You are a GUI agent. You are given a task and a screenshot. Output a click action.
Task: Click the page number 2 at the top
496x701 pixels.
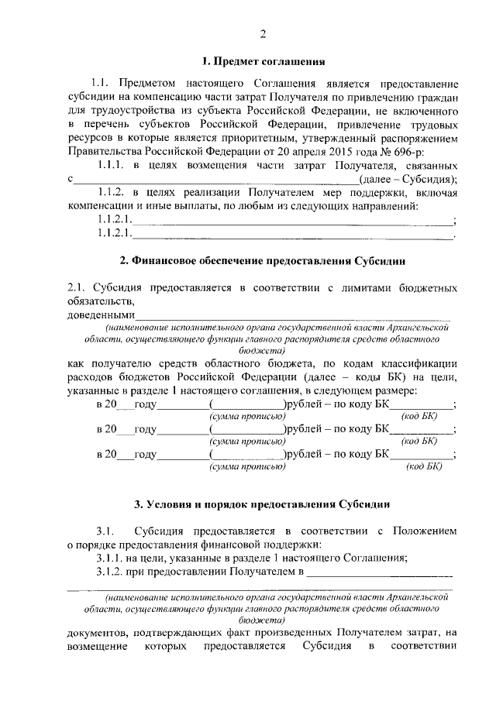tap(263, 33)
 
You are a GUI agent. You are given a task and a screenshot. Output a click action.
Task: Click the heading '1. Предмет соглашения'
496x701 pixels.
tap(263, 60)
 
